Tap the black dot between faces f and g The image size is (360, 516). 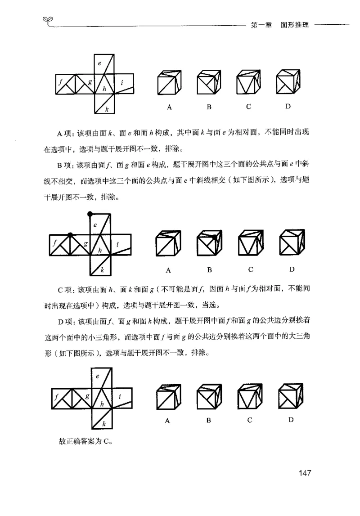[70, 235]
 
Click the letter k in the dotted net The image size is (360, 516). [102, 270]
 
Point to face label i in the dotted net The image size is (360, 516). [117, 244]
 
